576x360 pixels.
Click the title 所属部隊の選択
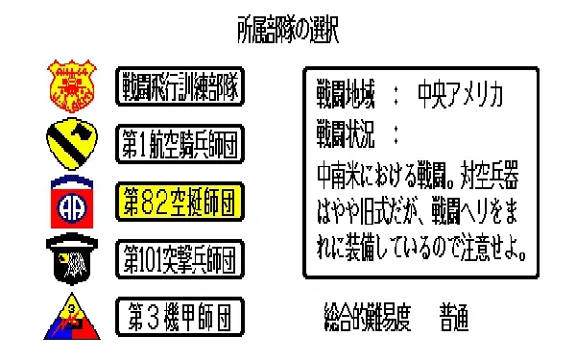tap(288, 30)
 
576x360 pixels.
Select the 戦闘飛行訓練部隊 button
tap(180, 86)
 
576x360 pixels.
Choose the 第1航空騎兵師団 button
tap(180, 144)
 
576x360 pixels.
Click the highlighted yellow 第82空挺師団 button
tap(180, 202)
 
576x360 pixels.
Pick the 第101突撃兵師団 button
tap(180, 259)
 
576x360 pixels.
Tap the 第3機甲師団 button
tap(180, 317)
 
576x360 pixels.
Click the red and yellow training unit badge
tap(72, 85)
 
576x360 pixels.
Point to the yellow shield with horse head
tap(72, 144)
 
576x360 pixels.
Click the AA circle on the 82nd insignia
tap(72, 207)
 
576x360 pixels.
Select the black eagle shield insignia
tap(72, 259)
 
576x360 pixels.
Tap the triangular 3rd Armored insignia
tap(72, 317)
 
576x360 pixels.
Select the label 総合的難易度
tap(368, 317)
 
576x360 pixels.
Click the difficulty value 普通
tap(454, 317)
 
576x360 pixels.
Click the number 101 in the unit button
tap(150, 259)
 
